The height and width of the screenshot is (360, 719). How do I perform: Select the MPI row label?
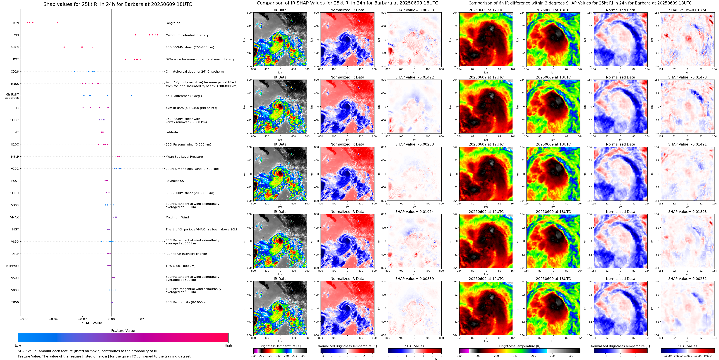[x=16, y=35]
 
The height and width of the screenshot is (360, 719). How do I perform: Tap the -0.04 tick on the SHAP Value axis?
[x=53, y=319]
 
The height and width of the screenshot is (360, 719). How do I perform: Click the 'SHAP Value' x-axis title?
[x=92, y=323]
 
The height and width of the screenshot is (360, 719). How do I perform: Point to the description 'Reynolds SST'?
[x=175, y=181]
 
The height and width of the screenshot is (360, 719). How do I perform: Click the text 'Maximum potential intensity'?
[x=187, y=35]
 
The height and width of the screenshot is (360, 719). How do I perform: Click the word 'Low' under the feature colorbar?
[x=18, y=345]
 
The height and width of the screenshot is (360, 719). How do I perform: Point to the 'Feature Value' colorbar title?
[x=123, y=331]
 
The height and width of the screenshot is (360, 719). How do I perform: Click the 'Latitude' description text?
[x=172, y=132]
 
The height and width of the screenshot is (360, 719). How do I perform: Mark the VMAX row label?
[x=15, y=218]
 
